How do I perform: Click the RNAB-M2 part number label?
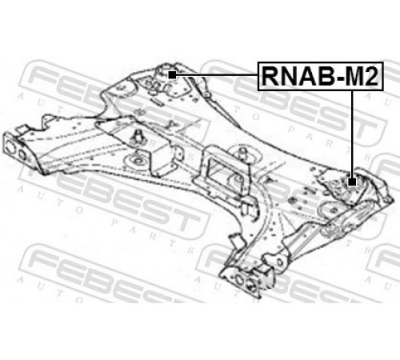click(320, 76)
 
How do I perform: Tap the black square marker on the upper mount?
click(172, 75)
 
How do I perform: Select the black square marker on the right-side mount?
click(352, 182)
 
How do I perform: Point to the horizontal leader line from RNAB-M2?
click(217, 75)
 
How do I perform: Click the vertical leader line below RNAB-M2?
click(353, 134)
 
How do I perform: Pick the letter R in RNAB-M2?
click(271, 76)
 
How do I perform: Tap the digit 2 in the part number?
click(371, 76)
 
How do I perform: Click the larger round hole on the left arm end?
click(10, 147)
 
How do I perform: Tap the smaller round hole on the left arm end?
click(22, 155)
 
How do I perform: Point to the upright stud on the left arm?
click(138, 137)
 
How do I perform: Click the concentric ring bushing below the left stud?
click(138, 161)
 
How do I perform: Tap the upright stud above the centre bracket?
click(243, 154)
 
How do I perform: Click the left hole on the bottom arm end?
click(239, 279)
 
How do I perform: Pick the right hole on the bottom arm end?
click(252, 284)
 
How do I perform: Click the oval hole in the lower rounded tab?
click(280, 262)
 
